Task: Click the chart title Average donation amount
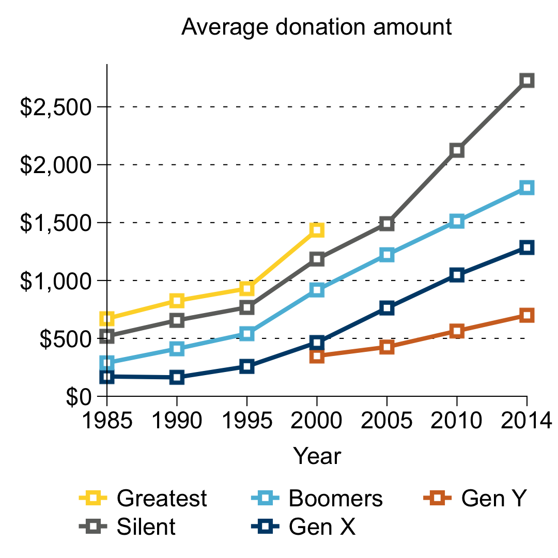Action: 317,27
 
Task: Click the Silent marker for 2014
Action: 526,80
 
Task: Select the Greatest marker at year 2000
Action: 317,230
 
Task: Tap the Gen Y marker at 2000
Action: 317,356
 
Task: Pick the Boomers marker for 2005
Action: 387,255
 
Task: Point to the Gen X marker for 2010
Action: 457,275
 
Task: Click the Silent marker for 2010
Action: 457,150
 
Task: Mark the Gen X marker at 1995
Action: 247,367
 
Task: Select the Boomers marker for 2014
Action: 526,188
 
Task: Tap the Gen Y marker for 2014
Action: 526,315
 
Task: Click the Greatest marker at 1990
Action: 177,301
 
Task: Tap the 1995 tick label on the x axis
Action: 247,421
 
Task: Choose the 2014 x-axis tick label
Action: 526,421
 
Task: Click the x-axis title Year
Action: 317,457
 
